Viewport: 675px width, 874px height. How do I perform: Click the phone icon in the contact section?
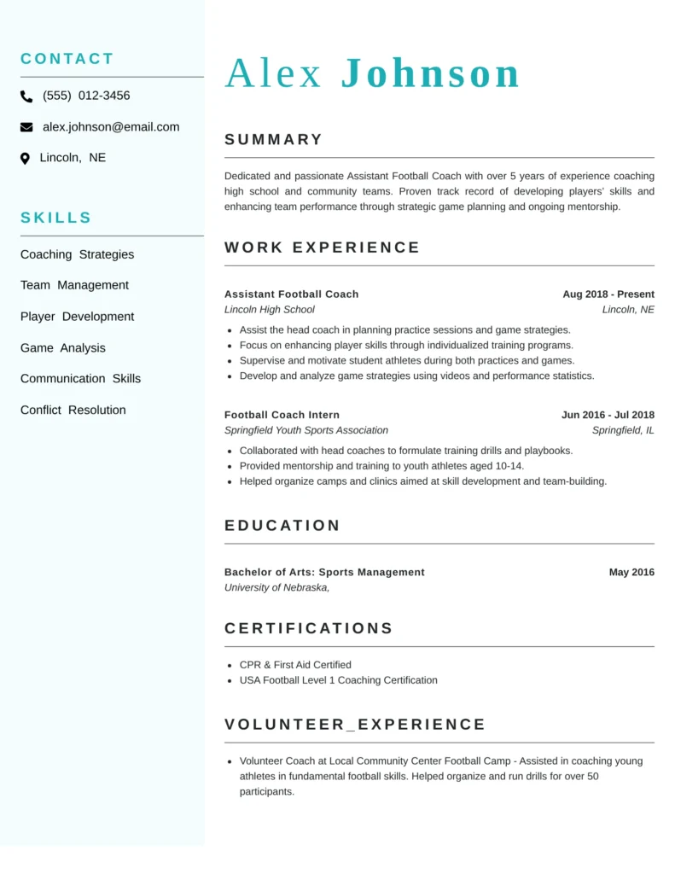click(26, 96)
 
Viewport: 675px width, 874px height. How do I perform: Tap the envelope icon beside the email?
click(26, 127)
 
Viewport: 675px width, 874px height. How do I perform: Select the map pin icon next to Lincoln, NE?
click(25, 158)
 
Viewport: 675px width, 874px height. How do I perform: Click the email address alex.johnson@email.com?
click(111, 127)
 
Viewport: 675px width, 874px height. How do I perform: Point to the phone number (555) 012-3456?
click(86, 96)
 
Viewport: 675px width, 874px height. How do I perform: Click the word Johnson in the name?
click(430, 73)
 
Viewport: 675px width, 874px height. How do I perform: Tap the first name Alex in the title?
click(273, 73)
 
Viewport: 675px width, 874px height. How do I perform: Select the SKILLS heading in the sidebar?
click(56, 218)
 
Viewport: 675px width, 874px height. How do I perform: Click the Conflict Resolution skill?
click(73, 410)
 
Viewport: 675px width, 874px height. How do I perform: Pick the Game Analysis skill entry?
click(63, 347)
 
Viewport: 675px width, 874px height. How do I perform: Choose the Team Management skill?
click(74, 285)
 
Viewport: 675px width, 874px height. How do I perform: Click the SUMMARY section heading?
click(274, 140)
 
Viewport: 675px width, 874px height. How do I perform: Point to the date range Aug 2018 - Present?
click(608, 294)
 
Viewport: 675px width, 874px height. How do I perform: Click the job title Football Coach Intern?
click(282, 415)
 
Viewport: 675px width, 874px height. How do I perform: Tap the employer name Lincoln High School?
click(269, 310)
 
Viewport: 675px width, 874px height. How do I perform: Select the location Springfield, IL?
click(623, 430)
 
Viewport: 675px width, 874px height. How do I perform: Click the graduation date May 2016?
click(631, 573)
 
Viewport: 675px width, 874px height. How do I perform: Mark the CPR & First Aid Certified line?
click(295, 665)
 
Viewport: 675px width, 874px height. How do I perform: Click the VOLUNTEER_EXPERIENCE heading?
click(355, 725)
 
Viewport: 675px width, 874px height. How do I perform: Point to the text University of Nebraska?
click(276, 588)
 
